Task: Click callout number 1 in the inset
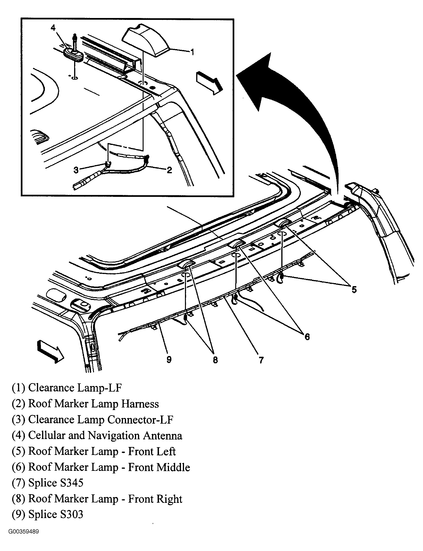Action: [x=192, y=52]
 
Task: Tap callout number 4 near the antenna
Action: [x=53, y=28]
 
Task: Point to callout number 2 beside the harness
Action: [x=170, y=170]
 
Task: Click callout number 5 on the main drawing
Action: [x=354, y=290]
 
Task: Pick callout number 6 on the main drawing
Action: [x=307, y=337]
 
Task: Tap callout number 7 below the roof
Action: [x=261, y=360]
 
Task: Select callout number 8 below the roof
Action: [x=215, y=360]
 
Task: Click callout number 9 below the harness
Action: [x=169, y=359]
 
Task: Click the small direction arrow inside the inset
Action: [x=209, y=82]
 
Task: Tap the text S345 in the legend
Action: [x=72, y=483]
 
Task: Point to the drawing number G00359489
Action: [x=23, y=532]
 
